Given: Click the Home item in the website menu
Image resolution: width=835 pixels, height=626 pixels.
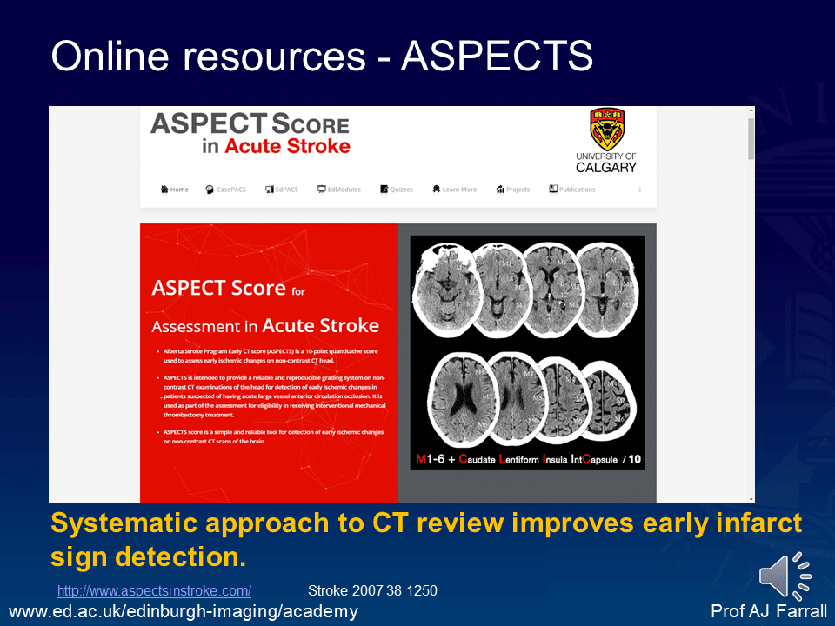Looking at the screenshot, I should [174, 190].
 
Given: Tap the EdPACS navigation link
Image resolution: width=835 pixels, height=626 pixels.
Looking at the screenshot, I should [282, 190].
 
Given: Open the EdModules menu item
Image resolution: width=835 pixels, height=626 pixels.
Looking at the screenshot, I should [339, 190].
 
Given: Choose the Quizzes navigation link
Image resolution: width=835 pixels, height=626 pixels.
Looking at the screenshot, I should [397, 190].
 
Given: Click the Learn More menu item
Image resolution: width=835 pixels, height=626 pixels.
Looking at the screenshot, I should [454, 190].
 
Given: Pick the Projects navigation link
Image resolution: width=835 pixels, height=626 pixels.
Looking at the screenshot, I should [513, 190].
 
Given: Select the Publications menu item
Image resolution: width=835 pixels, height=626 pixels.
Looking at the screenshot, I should [572, 190].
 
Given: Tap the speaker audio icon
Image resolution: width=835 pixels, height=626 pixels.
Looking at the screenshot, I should [785, 576].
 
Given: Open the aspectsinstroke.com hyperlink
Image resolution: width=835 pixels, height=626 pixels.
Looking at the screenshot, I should [154, 591].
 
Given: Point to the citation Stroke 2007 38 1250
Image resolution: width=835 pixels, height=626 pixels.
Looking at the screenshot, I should [372, 591].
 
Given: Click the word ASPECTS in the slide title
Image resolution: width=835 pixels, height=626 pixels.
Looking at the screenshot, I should [497, 57].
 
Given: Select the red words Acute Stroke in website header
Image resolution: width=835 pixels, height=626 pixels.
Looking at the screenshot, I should [287, 146].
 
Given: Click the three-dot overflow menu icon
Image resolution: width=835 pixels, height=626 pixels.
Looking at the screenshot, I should [640, 190].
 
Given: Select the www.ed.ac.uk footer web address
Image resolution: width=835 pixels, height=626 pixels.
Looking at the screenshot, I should [183, 612].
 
